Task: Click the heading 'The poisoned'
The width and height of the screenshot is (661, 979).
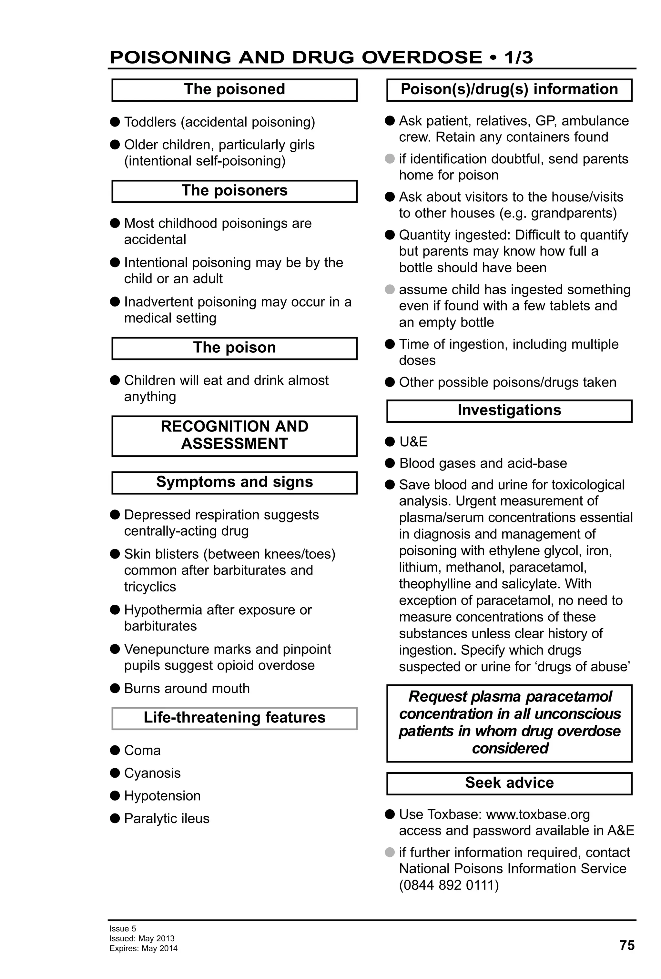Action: point(234,89)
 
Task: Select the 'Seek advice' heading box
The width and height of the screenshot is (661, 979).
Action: point(509,783)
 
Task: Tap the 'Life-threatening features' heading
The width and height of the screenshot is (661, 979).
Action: point(234,717)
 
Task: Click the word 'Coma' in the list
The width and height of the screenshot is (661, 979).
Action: point(142,750)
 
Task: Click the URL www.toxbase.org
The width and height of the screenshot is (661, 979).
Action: point(538,814)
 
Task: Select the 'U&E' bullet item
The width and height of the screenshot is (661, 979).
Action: point(413,441)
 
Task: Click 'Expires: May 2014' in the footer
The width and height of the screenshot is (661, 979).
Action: point(143,948)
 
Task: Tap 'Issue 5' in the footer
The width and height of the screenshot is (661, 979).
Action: point(123,928)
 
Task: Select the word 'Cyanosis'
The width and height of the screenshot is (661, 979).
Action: point(152,773)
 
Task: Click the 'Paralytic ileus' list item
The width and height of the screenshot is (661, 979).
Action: point(167,818)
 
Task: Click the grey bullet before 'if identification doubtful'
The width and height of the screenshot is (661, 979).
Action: point(390,159)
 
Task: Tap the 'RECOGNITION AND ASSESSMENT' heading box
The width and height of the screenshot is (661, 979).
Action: point(234,435)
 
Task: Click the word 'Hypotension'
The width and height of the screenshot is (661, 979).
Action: point(162,796)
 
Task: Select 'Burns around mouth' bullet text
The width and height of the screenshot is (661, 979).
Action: point(187,688)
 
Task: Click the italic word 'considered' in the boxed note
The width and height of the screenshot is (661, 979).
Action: point(510,748)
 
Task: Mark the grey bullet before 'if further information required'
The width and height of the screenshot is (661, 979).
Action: point(390,852)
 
